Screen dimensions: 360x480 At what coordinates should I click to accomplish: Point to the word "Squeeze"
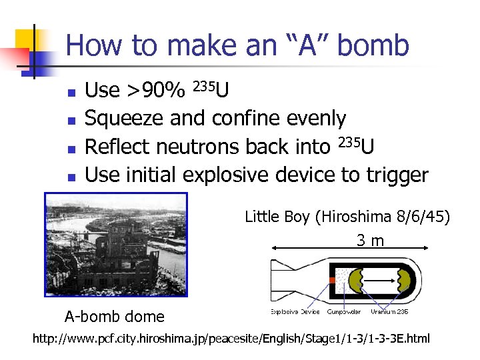(x=125, y=119)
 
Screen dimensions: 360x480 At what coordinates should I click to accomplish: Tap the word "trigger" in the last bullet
(x=397, y=175)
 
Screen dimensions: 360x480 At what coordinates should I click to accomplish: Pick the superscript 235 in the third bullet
(x=350, y=141)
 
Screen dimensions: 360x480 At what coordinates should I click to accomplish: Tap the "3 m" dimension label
(x=371, y=240)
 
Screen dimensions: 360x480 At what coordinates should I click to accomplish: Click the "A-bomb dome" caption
(x=114, y=315)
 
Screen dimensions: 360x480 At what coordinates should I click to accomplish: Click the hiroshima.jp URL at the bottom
(x=232, y=339)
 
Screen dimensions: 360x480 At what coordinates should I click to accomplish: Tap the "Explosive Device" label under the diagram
(x=295, y=311)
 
